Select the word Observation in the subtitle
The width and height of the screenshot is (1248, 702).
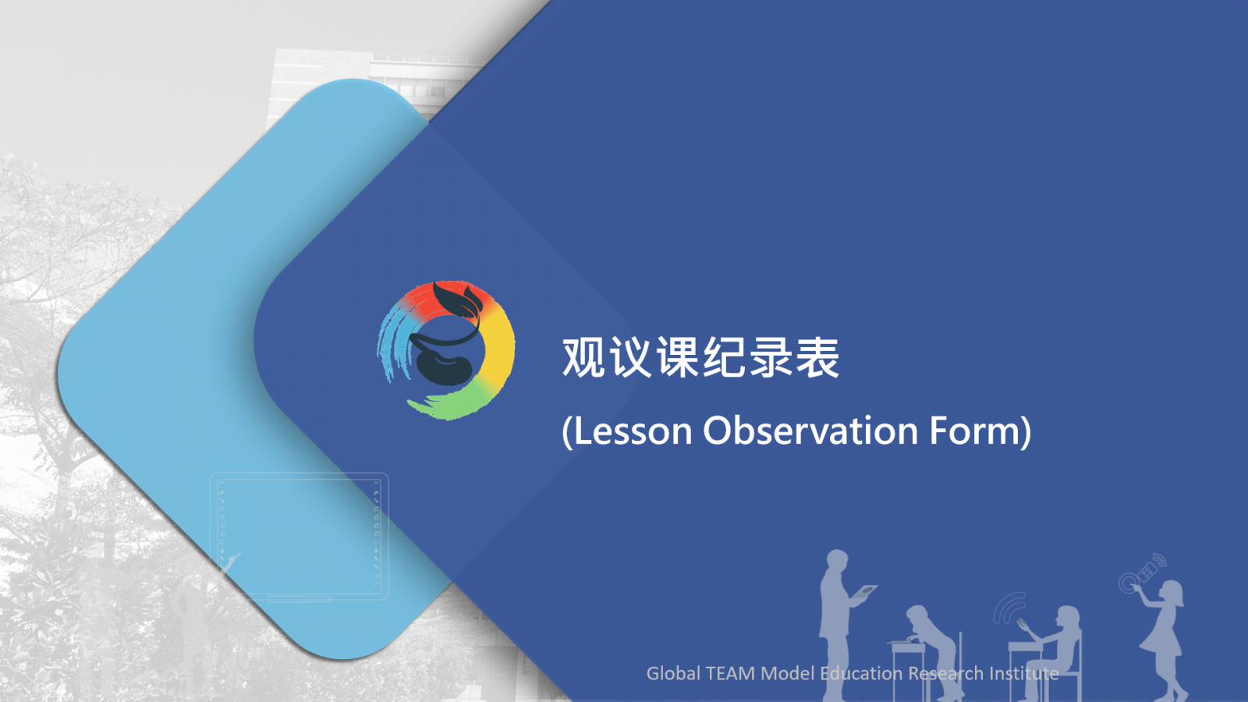(x=810, y=431)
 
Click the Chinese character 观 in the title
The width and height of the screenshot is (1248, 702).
(x=584, y=357)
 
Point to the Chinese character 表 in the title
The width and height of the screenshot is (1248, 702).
(x=817, y=357)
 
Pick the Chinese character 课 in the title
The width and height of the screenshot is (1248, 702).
(x=678, y=357)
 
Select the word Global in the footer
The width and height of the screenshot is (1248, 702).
(x=674, y=674)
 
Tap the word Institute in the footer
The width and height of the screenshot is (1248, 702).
(x=1024, y=674)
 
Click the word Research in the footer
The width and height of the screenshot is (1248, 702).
(x=946, y=674)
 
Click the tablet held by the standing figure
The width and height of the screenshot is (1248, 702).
(x=864, y=591)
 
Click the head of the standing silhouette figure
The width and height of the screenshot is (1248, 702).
(x=837, y=562)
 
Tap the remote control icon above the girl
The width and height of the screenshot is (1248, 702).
(x=1148, y=570)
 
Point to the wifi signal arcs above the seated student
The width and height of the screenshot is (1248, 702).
(x=1009, y=608)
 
